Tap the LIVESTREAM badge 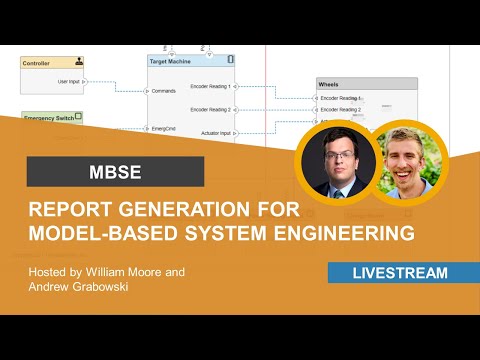point(400,273)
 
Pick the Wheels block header point(330,86)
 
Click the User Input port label point(68,81)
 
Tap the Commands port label point(165,91)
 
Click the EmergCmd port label point(166,129)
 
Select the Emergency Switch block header point(47,117)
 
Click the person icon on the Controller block point(78,61)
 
